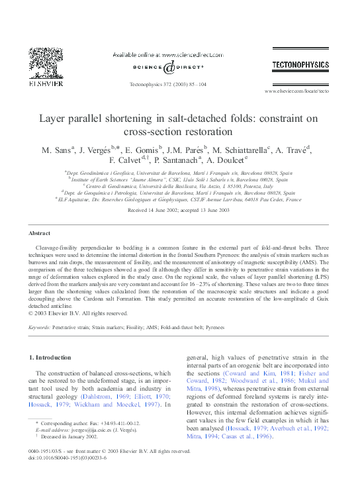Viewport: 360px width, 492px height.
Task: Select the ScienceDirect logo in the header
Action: (x=169, y=68)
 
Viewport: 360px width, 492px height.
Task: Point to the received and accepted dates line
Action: (x=179, y=210)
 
